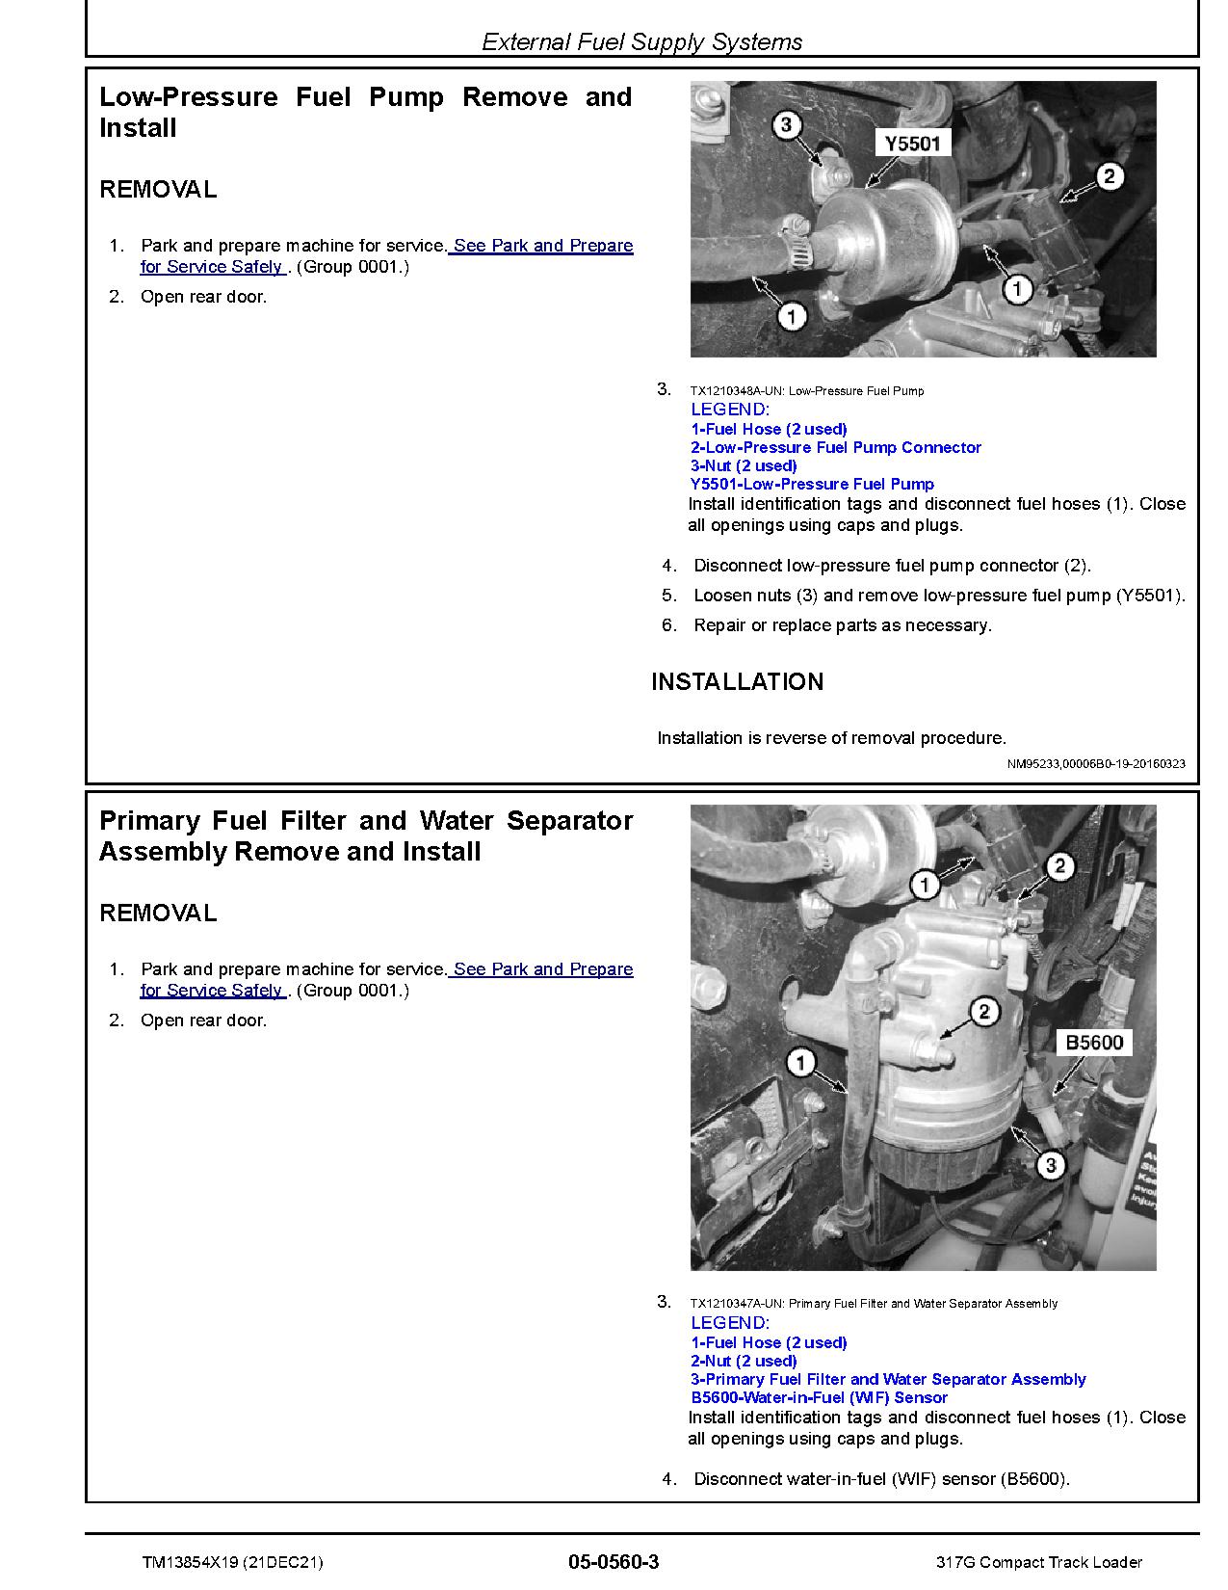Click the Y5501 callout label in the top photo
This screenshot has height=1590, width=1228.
[911, 144]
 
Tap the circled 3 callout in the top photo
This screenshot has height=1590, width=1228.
[787, 125]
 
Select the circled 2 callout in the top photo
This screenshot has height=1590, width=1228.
[1109, 176]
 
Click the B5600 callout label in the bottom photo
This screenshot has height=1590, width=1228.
[1093, 1043]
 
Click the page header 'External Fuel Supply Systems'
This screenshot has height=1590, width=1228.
[641, 42]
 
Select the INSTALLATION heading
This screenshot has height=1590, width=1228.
[737, 682]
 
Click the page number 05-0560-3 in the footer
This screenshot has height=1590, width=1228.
[614, 1562]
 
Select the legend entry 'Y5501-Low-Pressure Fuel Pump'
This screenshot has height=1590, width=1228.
[812, 484]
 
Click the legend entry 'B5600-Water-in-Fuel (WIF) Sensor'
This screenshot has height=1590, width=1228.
[819, 1397]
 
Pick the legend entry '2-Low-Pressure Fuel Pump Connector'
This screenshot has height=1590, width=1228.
[835, 447]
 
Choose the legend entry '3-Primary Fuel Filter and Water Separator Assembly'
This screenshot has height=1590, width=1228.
[888, 1379]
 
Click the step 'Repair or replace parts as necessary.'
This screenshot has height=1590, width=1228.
[842, 625]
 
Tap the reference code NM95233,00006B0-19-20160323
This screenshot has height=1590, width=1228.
[1096, 763]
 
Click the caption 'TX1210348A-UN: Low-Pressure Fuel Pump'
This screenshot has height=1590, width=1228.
[806, 391]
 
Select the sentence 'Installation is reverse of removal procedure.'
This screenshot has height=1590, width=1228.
[831, 738]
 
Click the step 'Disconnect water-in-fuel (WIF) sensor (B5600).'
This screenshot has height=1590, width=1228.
[881, 1479]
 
